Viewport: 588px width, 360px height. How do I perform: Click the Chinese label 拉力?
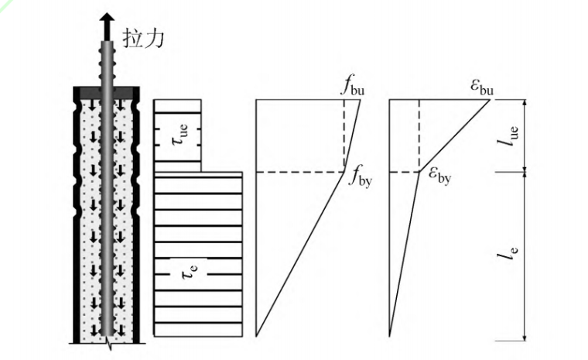tap(144, 36)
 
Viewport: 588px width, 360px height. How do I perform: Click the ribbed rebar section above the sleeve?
tap(107, 58)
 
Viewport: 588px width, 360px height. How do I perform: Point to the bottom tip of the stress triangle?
tap(256, 334)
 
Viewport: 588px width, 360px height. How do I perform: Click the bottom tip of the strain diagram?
tap(390, 334)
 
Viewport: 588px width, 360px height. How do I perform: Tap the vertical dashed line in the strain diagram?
tap(419, 135)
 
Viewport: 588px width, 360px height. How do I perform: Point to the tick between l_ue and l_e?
tap(525, 172)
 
